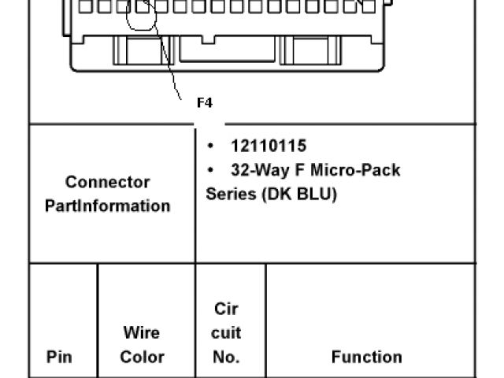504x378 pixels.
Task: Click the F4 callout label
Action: (x=205, y=102)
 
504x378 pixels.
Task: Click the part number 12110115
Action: (x=269, y=146)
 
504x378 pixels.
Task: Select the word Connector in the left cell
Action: (x=107, y=183)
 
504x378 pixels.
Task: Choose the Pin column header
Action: (x=60, y=357)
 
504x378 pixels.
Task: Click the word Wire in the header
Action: (x=142, y=333)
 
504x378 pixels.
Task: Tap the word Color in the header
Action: (x=142, y=357)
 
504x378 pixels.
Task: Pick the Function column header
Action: (x=366, y=357)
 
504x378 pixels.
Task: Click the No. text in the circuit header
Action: (x=226, y=357)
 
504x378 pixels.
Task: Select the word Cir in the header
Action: (x=226, y=309)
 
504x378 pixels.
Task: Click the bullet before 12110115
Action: (x=211, y=146)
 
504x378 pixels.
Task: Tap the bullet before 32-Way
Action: (x=211, y=170)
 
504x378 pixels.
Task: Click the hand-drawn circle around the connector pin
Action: (x=143, y=17)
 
